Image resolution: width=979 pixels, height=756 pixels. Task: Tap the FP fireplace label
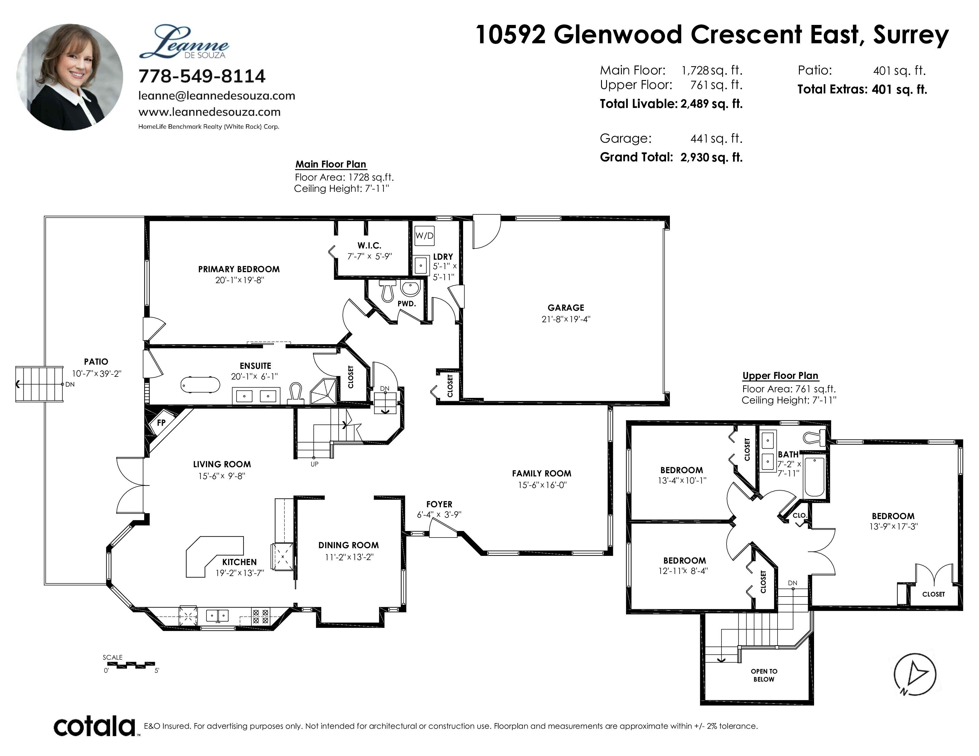click(161, 422)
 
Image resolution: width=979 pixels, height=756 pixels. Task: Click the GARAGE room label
click(566, 308)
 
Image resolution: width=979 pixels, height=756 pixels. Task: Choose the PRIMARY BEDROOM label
click(239, 269)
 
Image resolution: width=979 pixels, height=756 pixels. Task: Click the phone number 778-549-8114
click(202, 76)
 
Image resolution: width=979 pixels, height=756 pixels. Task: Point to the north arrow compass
click(915, 674)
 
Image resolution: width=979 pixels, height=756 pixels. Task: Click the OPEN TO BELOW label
click(764, 675)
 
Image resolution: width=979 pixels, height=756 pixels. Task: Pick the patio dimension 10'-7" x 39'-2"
click(97, 374)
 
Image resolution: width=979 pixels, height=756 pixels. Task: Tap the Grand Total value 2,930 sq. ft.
click(711, 157)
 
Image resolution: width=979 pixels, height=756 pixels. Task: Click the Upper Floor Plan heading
click(781, 376)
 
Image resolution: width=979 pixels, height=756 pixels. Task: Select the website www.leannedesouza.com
click(209, 112)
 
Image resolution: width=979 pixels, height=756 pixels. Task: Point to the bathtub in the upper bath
click(814, 476)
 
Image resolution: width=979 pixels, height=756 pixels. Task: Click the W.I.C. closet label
click(369, 245)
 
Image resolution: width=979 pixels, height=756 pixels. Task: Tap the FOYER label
click(439, 504)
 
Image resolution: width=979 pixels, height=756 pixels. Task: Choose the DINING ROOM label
click(349, 545)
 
